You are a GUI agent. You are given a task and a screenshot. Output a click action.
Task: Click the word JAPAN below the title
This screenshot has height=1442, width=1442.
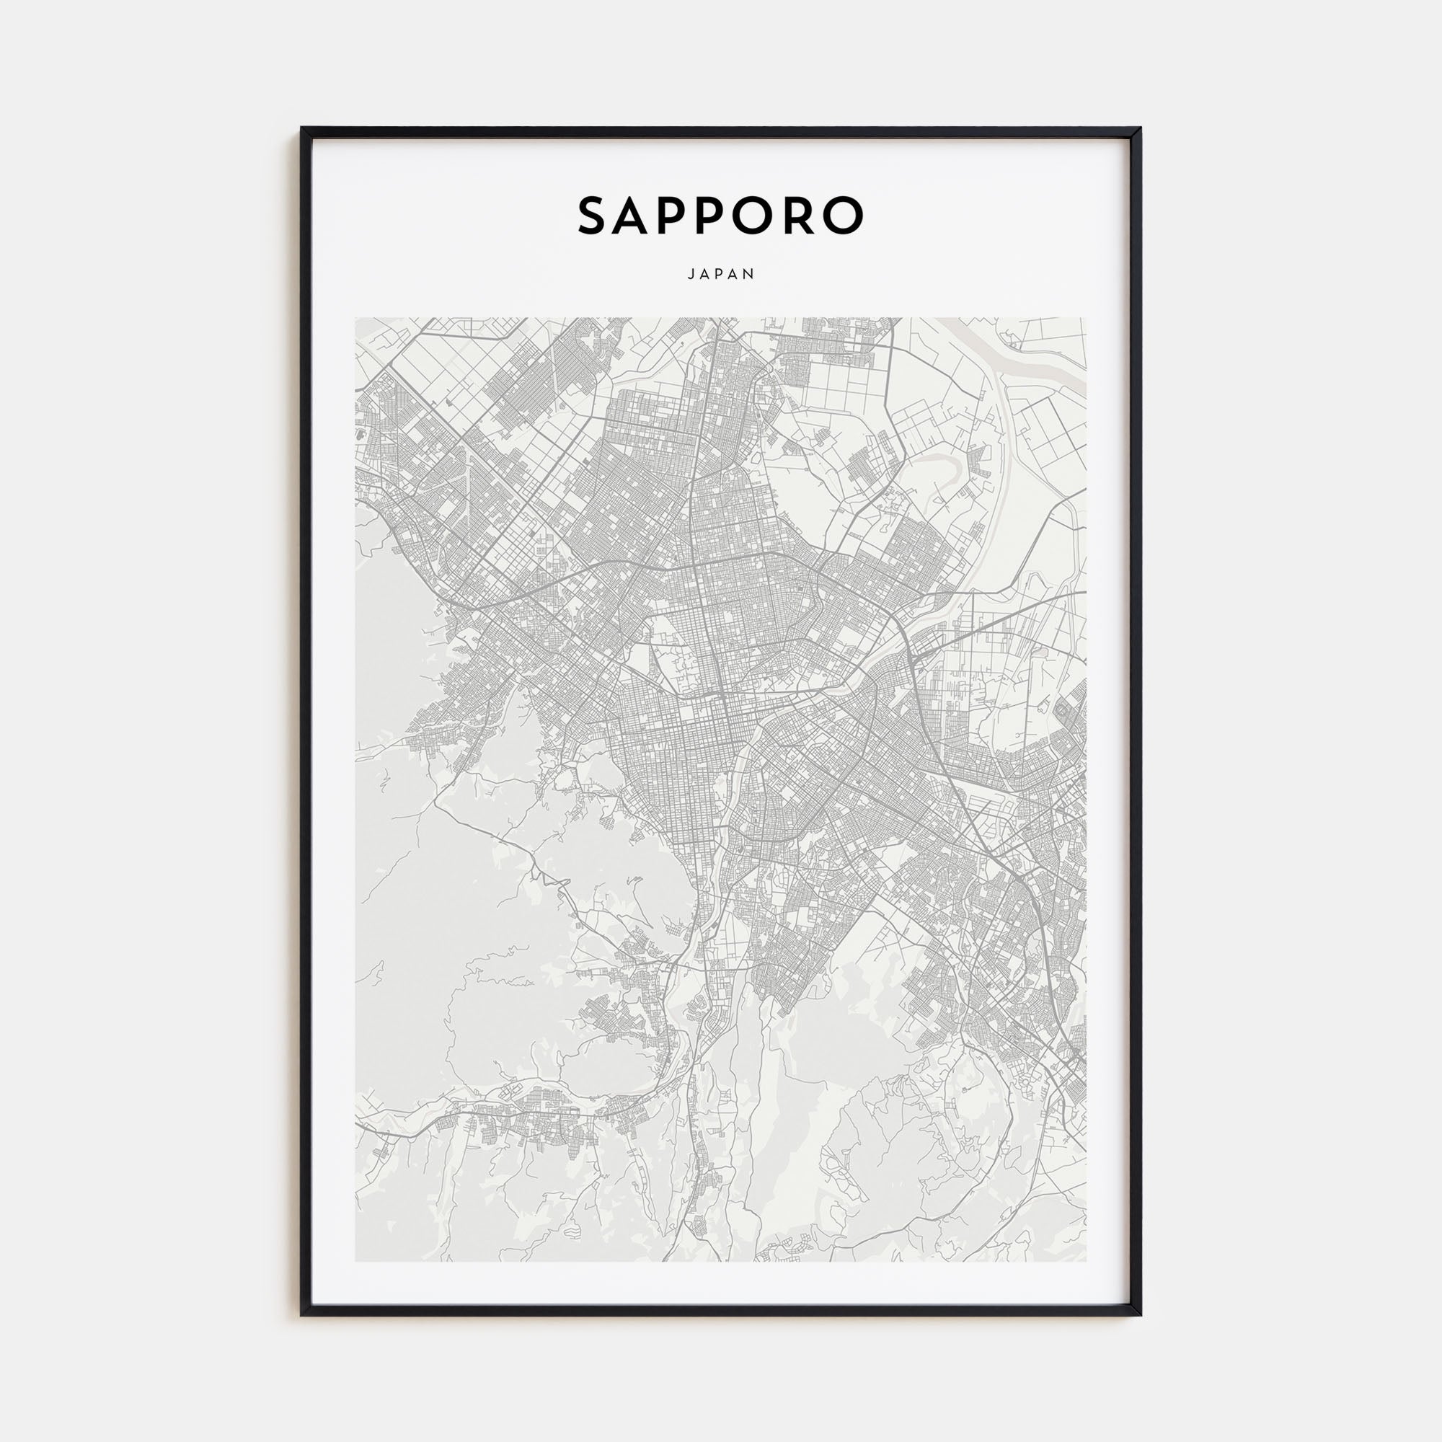pyautogui.click(x=721, y=275)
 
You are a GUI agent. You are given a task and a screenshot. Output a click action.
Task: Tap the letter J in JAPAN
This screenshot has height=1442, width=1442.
pyautogui.click(x=691, y=275)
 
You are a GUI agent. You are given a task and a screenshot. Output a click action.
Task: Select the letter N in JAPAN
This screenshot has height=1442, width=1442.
pyautogui.click(x=750, y=275)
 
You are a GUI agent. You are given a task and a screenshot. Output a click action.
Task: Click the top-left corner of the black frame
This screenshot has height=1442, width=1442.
pyautogui.click(x=302, y=129)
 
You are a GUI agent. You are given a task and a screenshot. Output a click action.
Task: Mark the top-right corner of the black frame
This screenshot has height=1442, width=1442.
pyautogui.click(x=1140, y=129)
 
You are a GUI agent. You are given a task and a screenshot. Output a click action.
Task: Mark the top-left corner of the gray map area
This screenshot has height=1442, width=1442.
pyautogui.click(x=355, y=319)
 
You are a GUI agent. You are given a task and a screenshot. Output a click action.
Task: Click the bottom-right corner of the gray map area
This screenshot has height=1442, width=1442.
pyautogui.click(x=1086, y=1260)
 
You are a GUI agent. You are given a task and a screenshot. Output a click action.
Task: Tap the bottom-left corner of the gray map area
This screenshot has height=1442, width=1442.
pyautogui.click(x=355, y=1260)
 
